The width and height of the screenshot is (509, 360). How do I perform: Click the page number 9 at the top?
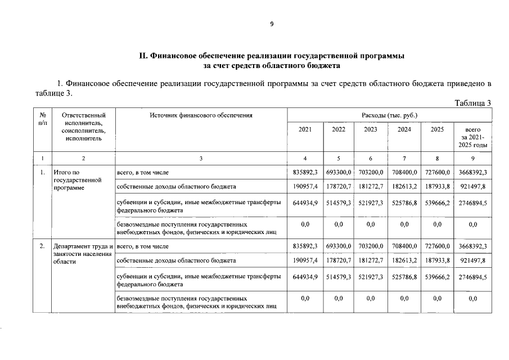(272, 24)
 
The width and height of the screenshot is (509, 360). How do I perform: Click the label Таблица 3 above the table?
(472, 102)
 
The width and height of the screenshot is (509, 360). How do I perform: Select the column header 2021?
(305, 129)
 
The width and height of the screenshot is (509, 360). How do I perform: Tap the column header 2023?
(371, 129)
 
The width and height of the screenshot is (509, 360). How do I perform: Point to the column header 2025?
(437, 129)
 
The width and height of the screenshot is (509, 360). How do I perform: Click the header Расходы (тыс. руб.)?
(389, 115)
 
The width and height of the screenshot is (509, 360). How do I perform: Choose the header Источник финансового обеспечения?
(201, 115)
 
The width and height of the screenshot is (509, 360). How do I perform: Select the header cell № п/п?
(42, 119)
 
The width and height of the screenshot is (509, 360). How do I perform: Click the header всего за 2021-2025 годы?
(473, 137)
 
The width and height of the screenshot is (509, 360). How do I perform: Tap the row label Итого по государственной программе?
(76, 180)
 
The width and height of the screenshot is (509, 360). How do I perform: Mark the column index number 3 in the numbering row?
(201, 158)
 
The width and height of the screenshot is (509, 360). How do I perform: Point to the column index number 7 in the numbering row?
(404, 158)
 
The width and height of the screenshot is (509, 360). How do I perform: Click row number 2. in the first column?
(42, 246)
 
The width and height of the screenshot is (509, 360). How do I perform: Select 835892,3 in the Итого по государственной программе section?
(305, 172)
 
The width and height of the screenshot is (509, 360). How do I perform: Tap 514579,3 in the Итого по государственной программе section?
(339, 202)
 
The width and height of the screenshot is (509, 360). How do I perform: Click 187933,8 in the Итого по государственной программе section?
(437, 186)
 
